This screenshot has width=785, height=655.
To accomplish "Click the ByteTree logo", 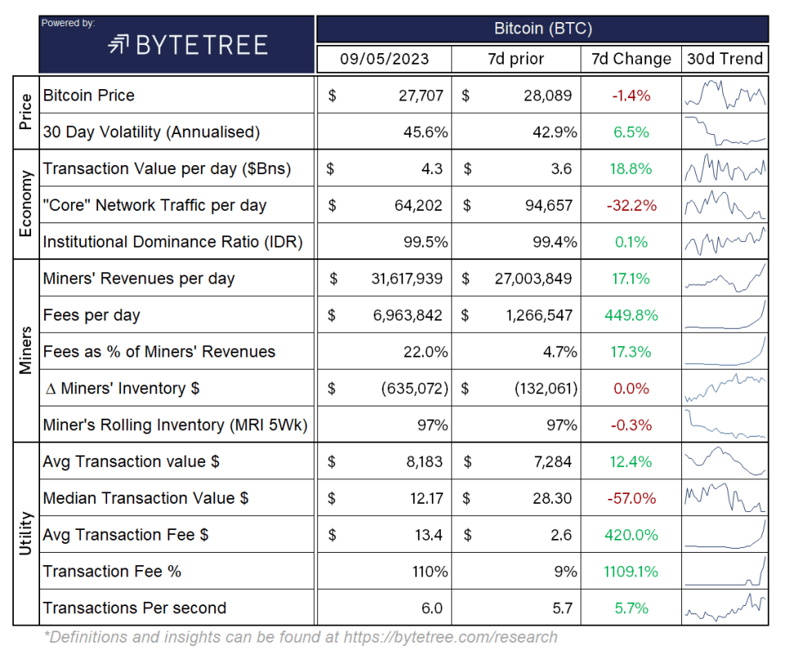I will pyautogui.click(x=187, y=44).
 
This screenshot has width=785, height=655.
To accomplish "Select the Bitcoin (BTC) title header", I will pyautogui.click(x=542, y=29).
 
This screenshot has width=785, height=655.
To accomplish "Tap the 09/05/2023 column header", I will pyautogui.click(x=384, y=59).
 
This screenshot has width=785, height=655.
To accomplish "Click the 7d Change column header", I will pyautogui.click(x=630, y=59).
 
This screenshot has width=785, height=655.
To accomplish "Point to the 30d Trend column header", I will pyautogui.click(x=724, y=59).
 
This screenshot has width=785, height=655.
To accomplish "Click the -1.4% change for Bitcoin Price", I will pyautogui.click(x=630, y=96).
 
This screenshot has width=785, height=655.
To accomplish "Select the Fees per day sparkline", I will pyautogui.click(x=724, y=315).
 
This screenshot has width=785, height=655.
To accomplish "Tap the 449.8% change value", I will pyautogui.click(x=630, y=315).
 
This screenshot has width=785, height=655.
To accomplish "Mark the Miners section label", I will pyautogui.click(x=25, y=351).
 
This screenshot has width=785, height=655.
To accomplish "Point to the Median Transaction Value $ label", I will pyautogui.click(x=146, y=498).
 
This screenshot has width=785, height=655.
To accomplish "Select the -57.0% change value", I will pyautogui.click(x=630, y=498).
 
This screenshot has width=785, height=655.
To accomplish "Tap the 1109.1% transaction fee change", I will pyautogui.click(x=630, y=572).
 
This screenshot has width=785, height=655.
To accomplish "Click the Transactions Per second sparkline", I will pyautogui.click(x=724, y=608).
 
